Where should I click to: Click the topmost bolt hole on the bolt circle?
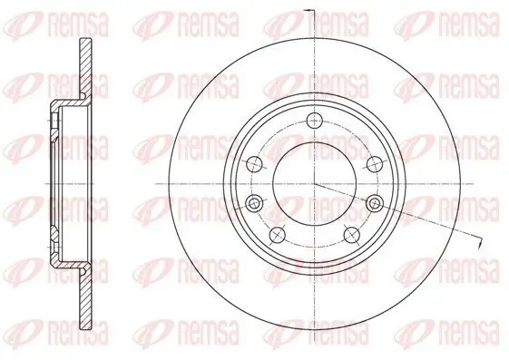[x=315, y=122]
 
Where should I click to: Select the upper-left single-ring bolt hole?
[x=254, y=164]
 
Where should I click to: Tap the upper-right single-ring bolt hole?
[x=375, y=164]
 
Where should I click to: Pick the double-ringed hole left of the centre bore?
[x=254, y=204]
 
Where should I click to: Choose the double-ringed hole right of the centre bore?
[x=375, y=204]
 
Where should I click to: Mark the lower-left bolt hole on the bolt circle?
[x=278, y=235]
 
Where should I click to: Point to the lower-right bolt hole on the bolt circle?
[x=352, y=235]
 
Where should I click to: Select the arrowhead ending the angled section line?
[x=479, y=244]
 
